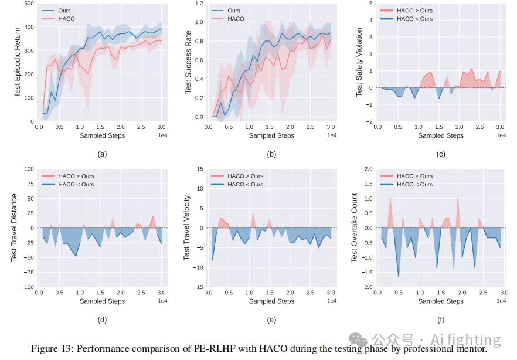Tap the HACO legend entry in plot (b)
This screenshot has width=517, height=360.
(236, 19)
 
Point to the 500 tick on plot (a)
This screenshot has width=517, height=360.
(29, 4)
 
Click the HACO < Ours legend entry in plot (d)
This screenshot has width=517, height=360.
(76, 185)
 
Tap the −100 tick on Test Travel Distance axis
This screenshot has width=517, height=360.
(27, 287)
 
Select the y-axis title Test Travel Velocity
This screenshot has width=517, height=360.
(187, 227)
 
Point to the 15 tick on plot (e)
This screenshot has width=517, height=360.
(200, 169)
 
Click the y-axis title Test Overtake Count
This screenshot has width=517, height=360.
(354, 227)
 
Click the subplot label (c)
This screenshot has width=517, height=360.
(441, 155)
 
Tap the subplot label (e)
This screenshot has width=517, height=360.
(271, 320)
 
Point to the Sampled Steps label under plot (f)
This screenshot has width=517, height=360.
(441, 301)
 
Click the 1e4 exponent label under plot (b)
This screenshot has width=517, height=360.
(331, 136)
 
